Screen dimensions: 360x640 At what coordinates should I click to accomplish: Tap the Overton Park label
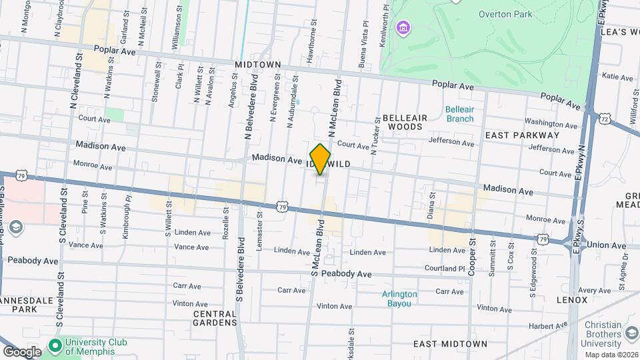(504, 14)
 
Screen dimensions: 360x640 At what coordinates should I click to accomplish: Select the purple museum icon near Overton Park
(403, 28)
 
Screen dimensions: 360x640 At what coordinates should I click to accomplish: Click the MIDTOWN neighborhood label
(257, 64)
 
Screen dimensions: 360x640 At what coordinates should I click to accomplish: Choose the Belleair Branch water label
(459, 114)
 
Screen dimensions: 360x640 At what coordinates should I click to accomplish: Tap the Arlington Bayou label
(400, 298)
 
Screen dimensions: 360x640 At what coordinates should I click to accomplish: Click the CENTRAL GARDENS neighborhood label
(215, 318)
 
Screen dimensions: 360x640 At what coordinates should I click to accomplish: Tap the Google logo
(22, 351)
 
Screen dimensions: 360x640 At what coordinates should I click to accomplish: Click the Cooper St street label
(472, 255)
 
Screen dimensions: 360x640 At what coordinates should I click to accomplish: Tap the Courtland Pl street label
(447, 269)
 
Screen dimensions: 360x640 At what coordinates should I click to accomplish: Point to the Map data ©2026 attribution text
(611, 355)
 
